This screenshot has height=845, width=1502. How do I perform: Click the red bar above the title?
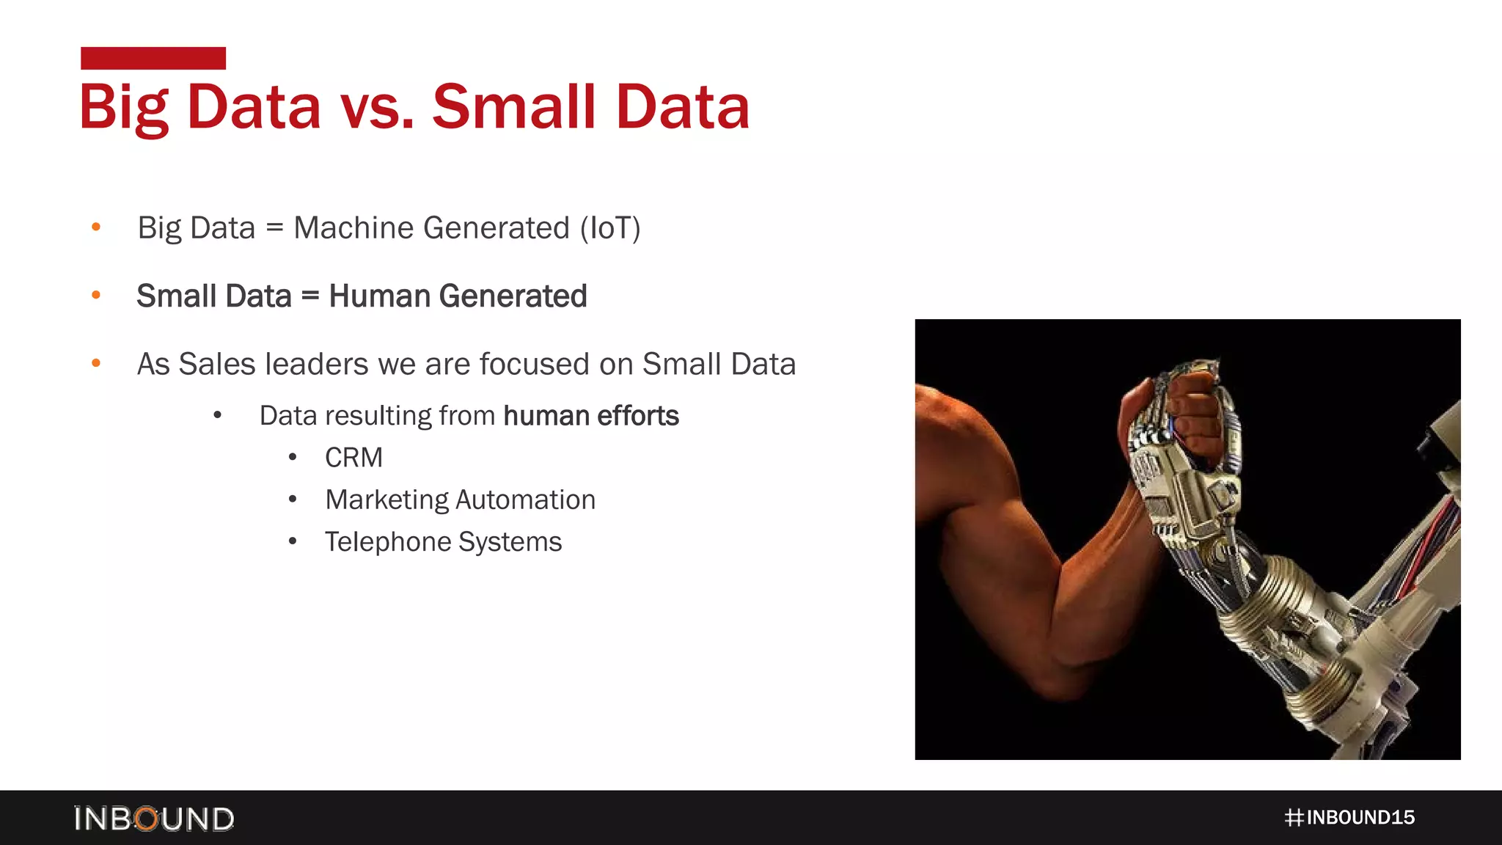pyautogui.click(x=153, y=58)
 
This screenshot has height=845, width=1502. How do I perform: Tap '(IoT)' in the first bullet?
pyautogui.click(x=610, y=228)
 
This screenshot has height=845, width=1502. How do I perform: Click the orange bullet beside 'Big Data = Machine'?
pyautogui.click(x=96, y=227)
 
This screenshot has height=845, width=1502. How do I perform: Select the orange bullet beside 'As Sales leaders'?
pyautogui.click(x=96, y=363)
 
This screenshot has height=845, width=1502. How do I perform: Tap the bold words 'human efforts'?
pyautogui.click(x=591, y=416)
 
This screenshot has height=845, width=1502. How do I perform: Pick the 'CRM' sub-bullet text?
pyautogui.click(x=353, y=458)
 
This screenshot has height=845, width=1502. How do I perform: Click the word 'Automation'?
pyautogui.click(x=525, y=500)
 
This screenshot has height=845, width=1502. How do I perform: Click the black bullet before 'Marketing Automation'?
pyautogui.click(x=293, y=500)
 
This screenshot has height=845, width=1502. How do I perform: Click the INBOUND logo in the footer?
pyautogui.click(x=154, y=819)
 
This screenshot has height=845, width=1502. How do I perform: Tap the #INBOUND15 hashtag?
pyautogui.click(x=1349, y=818)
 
